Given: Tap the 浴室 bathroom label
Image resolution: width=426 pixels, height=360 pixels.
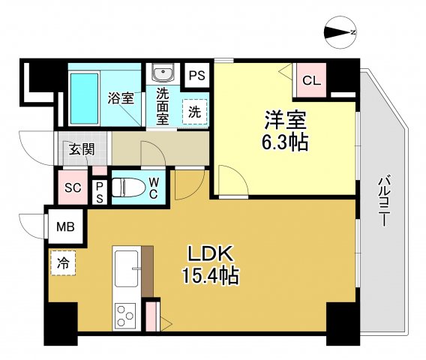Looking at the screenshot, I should coord(121,97).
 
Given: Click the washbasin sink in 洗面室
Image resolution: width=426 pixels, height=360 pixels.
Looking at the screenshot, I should coord(162,73).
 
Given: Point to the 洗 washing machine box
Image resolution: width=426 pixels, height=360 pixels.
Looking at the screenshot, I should coord(193,112).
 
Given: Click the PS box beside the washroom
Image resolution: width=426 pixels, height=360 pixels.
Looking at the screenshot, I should coord(197,76).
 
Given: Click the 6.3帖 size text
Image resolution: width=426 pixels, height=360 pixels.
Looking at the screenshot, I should coord(285,142).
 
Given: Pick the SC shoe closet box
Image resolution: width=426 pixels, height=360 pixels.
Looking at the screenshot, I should coord(73,187).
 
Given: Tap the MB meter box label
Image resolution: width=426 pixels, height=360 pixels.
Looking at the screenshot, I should coord(66,224).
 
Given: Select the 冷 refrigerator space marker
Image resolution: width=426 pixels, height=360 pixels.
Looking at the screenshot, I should coord(64,262).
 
